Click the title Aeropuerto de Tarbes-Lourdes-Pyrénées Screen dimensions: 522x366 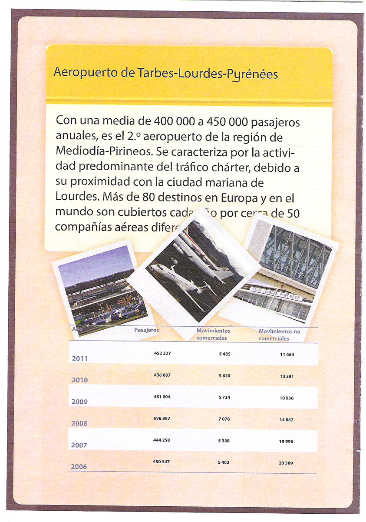[x=165, y=73]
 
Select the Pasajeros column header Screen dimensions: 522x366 [x=146, y=330]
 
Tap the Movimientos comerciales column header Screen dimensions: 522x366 [x=213, y=334]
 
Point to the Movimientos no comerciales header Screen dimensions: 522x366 [x=279, y=335]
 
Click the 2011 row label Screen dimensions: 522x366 [x=79, y=359]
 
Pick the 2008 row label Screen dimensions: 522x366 [x=79, y=423]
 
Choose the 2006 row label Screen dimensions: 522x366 [x=79, y=467]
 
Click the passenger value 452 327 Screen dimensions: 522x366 [x=162, y=354]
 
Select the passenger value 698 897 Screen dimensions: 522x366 [x=162, y=418]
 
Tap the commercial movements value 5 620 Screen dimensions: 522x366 [x=224, y=375]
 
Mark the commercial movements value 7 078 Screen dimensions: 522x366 [x=224, y=419]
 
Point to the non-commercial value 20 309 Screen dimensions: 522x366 [x=286, y=463]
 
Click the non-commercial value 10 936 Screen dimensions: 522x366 [x=287, y=398]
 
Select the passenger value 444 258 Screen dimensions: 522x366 [x=162, y=440]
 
